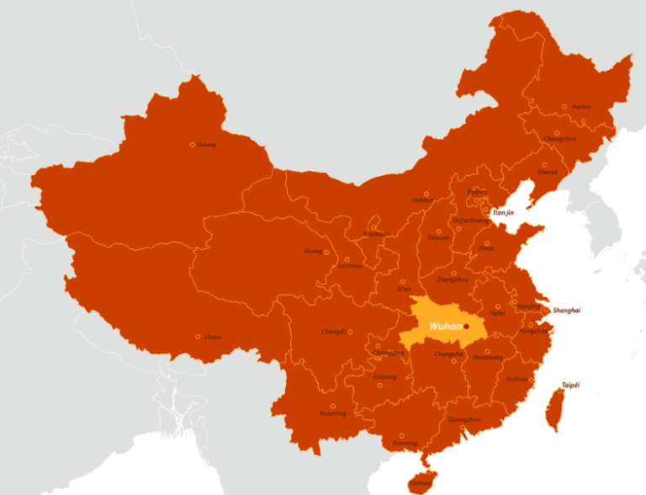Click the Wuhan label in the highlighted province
pos(444,326)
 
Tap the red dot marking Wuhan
pos(466,327)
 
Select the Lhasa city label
pos(213,338)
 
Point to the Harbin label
pos(581,108)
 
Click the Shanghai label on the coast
pos(567,311)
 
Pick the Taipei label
pos(570,386)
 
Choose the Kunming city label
pos(332,413)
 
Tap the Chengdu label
pos(333,332)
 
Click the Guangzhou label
pos(465,419)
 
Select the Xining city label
pos(313,252)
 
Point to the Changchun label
pos(560,139)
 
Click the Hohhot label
pos(423,200)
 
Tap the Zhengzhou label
pos(453,279)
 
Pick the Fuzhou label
pos(517,379)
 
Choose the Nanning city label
pos(405,443)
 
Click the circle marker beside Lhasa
pos(198,337)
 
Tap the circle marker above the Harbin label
pos(564,107)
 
